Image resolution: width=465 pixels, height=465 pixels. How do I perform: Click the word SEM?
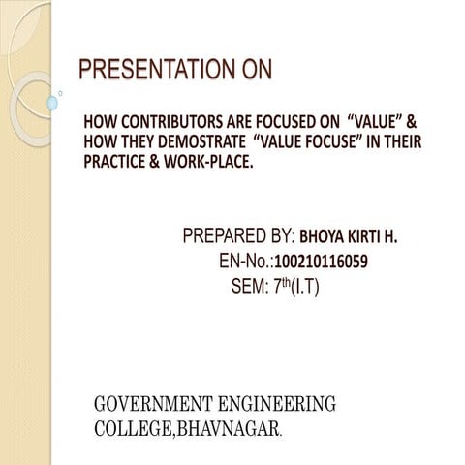coord(250,287)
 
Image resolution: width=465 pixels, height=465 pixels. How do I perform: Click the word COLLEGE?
coord(131,426)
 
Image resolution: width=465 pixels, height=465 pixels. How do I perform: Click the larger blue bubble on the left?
coord(53,102)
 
